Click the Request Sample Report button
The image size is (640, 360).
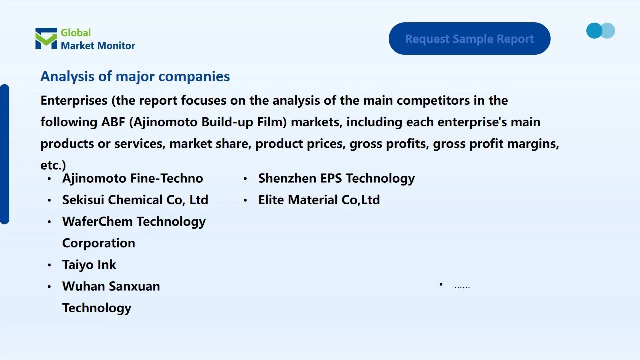[x=469, y=39]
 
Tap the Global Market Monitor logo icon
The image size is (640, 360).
[x=46, y=39]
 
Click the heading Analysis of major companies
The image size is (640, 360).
[x=135, y=76]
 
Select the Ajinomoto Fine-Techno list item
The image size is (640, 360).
[x=132, y=178]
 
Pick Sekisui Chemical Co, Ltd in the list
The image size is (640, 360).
[x=135, y=200]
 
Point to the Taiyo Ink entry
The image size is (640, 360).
[x=89, y=265]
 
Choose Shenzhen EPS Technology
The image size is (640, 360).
[x=336, y=178]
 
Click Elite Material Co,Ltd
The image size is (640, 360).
[x=319, y=200]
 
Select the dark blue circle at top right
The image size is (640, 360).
[x=594, y=31]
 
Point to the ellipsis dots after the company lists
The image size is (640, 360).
[x=462, y=287]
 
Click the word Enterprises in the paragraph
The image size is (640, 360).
[x=74, y=100]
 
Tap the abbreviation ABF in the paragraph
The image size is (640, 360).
[x=114, y=122]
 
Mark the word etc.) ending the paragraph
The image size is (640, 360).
[x=53, y=165]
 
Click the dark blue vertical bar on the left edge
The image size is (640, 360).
[x=4, y=154]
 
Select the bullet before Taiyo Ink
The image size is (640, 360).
[x=49, y=265]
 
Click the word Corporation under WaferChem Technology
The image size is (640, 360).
[x=98, y=243]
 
